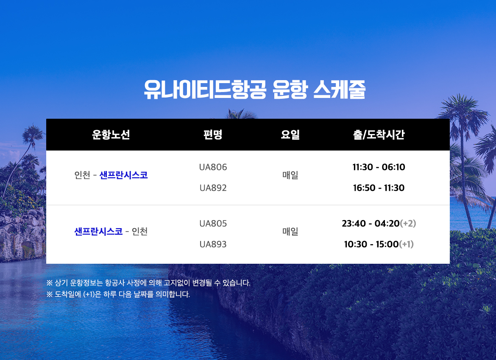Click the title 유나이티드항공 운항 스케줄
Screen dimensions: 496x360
[255, 89]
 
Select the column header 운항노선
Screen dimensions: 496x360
[111, 135]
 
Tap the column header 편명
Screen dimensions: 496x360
[213, 135]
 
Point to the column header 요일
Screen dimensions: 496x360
[290, 135]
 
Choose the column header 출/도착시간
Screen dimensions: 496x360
[379, 135]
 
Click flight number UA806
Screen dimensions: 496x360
[213, 167]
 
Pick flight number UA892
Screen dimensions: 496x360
[213, 188]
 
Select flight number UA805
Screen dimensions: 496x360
[213, 223]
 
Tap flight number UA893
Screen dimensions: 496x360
[213, 244]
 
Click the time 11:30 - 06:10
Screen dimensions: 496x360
[379, 167]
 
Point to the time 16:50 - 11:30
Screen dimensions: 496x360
[379, 188]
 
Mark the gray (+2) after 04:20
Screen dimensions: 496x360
[408, 223]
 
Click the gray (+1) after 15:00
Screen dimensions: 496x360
[407, 244]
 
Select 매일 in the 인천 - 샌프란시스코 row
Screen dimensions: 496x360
[290, 175]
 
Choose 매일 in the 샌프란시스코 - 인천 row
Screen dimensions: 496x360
[290, 232]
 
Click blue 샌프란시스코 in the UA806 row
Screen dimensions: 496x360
[124, 175]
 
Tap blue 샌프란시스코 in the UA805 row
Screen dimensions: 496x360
[98, 232]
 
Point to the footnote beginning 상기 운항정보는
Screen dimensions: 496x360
[148, 283]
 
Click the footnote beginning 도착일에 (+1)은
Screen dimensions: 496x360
[118, 294]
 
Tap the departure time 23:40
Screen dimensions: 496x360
[354, 223]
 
